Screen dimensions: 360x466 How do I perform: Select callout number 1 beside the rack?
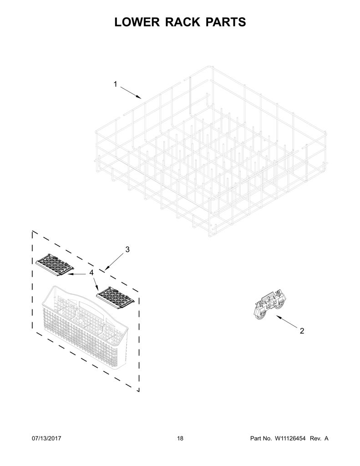(116, 84)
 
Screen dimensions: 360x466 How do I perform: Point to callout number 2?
(302, 331)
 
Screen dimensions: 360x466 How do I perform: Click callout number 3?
(127, 250)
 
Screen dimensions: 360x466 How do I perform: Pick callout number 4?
(91, 273)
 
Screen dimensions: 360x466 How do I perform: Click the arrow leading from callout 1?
(131, 92)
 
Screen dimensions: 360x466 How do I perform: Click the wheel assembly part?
(269, 306)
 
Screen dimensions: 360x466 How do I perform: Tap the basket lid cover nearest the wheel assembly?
(115, 298)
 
